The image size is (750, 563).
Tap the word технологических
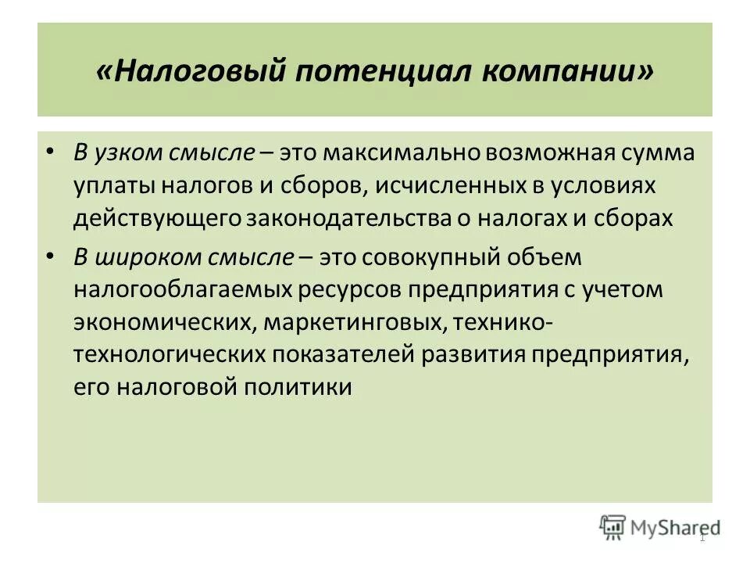tap(170, 355)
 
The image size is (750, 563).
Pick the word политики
tap(302, 387)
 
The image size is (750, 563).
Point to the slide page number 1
tap(702, 538)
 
